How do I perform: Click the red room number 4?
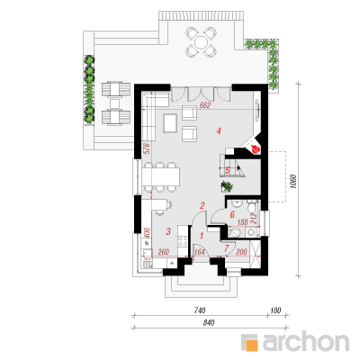point(219,130)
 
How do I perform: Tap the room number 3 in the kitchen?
point(168,231)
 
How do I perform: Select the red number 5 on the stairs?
point(227,171)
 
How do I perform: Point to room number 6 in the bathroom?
point(232,215)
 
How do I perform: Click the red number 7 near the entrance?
point(227,248)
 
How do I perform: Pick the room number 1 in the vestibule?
point(202,236)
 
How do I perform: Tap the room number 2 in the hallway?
point(202,205)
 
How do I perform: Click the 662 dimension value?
point(205,105)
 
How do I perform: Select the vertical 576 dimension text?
point(147,148)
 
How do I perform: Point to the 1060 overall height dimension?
point(294,181)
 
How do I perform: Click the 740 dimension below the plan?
point(200,310)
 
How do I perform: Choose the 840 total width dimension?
point(209,323)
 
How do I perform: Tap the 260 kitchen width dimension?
point(163,252)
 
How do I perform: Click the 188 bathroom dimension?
point(242,222)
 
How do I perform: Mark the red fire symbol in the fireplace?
point(255,149)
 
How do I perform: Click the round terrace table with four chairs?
point(201,42)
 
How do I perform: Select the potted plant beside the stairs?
point(227,186)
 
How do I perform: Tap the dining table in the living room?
point(161,177)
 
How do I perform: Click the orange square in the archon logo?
point(251,344)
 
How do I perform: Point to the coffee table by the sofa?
point(170,123)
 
